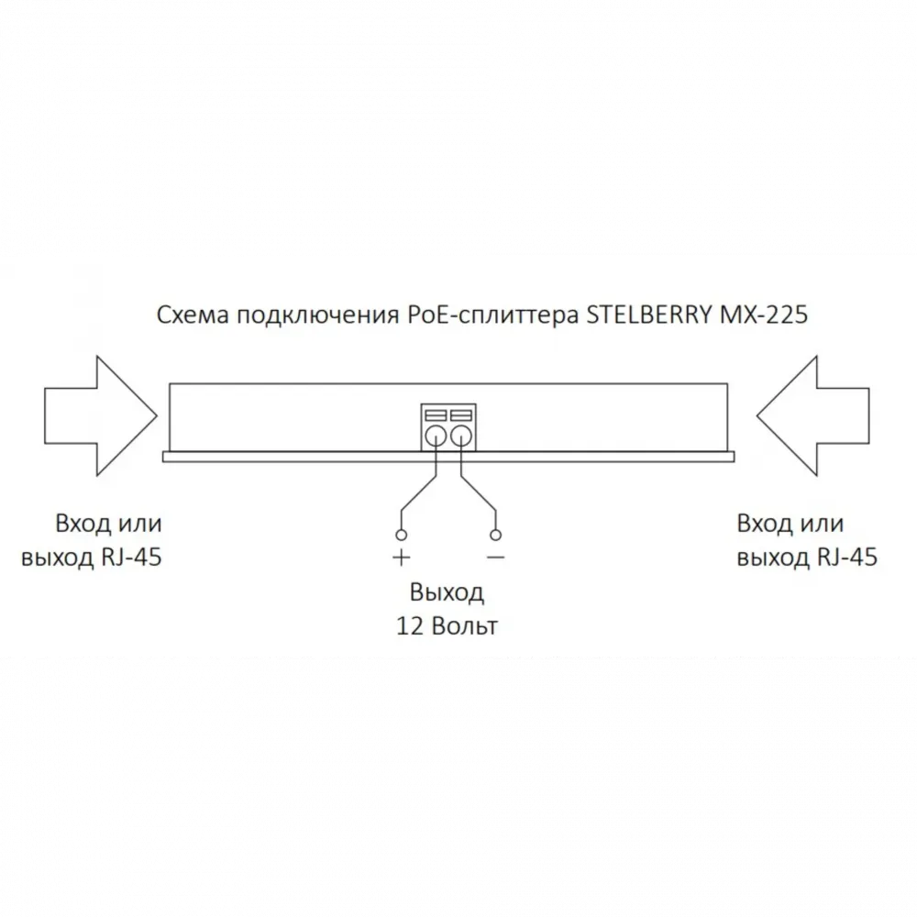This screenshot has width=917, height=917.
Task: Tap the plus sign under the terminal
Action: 402,558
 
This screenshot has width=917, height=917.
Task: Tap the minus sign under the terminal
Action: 495,558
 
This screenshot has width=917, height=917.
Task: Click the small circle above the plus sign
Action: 402,535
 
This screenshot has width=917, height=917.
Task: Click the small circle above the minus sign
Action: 495,535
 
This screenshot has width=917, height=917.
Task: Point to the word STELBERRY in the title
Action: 649,315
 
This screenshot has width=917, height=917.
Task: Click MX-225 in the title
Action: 764,315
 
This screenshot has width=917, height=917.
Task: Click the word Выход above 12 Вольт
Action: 447,593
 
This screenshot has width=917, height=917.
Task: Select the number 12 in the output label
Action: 409,626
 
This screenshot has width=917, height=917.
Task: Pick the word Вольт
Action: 464,626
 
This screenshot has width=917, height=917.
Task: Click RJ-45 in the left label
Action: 131,558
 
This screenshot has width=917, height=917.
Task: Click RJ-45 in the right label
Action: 847,558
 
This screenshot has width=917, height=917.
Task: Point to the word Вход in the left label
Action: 83,524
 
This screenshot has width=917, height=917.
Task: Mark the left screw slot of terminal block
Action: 435,415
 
